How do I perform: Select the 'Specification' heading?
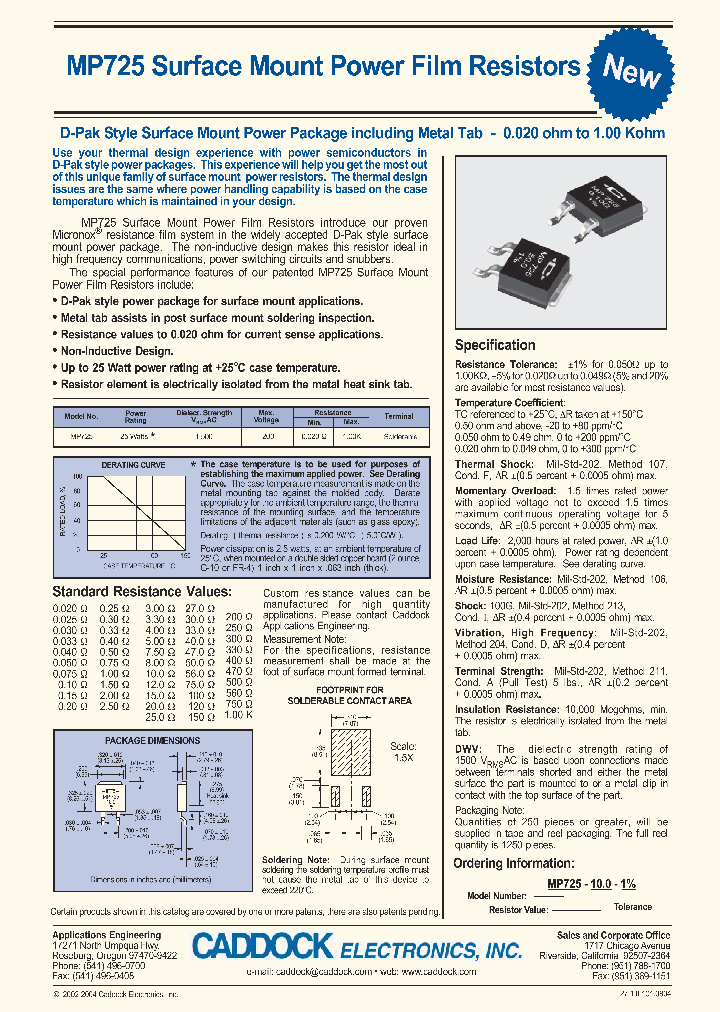[x=495, y=345]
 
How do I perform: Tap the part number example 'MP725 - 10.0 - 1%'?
[x=591, y=885]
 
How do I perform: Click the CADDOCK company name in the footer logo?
[x=264, y=947]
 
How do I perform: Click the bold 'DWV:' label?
[x=468, y=748]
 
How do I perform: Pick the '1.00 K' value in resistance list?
[x=238, y=717]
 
